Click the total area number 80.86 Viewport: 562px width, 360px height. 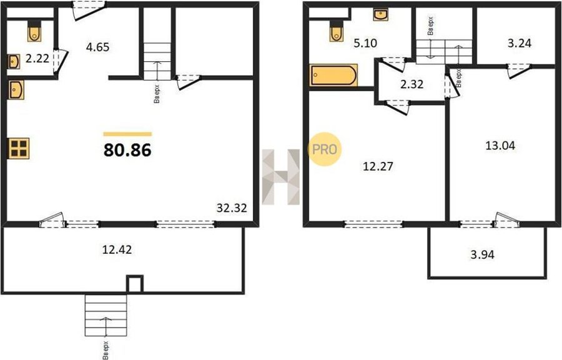pyautogui.click(x=127, y=150)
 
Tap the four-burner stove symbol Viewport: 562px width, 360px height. pyautogui.click(x=19, y=149)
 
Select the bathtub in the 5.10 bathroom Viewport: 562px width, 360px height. pyautogui.click(x=333, y=75)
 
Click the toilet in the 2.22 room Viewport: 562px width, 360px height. pyautogui.click(x=34, y=31)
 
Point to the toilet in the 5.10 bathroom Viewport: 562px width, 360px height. pyautogui.click(x=336, y=31)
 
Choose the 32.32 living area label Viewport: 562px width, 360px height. pyautogui.click(x=232, y=208)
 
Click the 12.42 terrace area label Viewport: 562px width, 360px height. pyautogui.click(x=117, y=249)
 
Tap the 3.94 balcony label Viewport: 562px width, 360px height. pyautogui.click(x=482, y=254)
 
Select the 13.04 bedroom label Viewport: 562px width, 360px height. pyautogui.click(x=500, y=146)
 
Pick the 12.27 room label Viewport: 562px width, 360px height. pyautogui.click(x=378, y=166)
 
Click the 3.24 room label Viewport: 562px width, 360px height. pyautogui.click(x=520, y=43)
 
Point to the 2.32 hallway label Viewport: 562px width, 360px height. pyautogui.click(x=412, y=84)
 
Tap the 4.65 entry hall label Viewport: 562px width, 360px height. pyautogui.click(x=97, y=47)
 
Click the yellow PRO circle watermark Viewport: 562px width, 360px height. pyautogui.click(x=325, y=149)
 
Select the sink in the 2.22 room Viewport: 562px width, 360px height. pyautogui.click(x=14, y=62)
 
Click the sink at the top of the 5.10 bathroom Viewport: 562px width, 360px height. pyautogui.click(x=381, y=15)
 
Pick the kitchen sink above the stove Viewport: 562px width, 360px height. pyautogui.click(x=16, y=89)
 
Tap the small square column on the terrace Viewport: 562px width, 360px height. pyautogui.click(x=135, y=284)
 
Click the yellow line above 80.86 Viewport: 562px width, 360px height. pyautogui.click(x=127, y=134)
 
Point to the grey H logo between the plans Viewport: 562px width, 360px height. pyautogui.click(x=280, y=177)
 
